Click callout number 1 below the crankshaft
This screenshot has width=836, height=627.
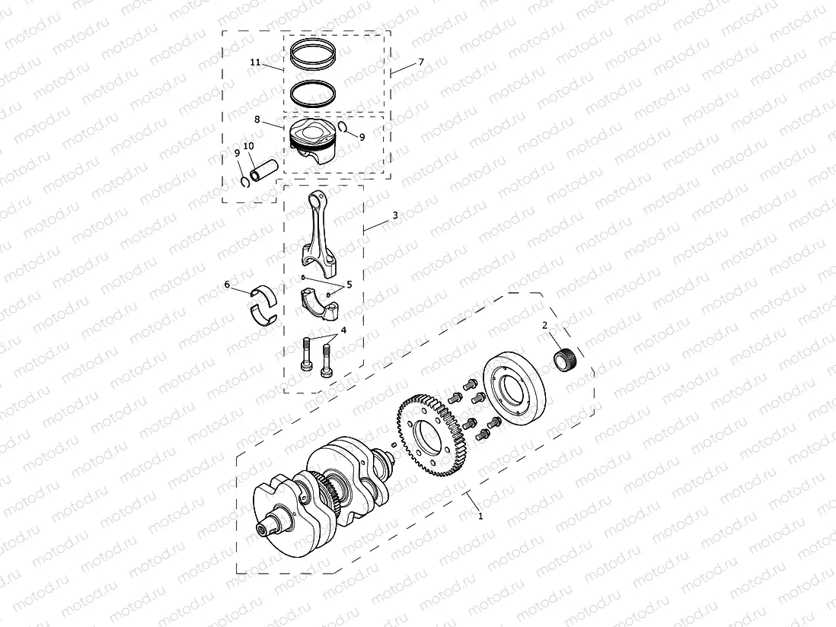point(480,515)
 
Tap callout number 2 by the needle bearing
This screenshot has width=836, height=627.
point(544,326)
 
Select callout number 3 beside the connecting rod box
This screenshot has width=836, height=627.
point(395,216)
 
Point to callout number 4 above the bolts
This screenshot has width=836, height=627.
point(343,330)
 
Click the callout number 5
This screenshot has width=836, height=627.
point(349,285)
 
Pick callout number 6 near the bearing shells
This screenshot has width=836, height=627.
point(227,285)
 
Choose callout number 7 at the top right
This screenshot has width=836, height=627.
point(421,61)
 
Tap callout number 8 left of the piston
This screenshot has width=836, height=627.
point(257,119)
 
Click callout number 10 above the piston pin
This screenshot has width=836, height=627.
point(248,145)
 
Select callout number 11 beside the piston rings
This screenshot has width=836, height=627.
point(256,62)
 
